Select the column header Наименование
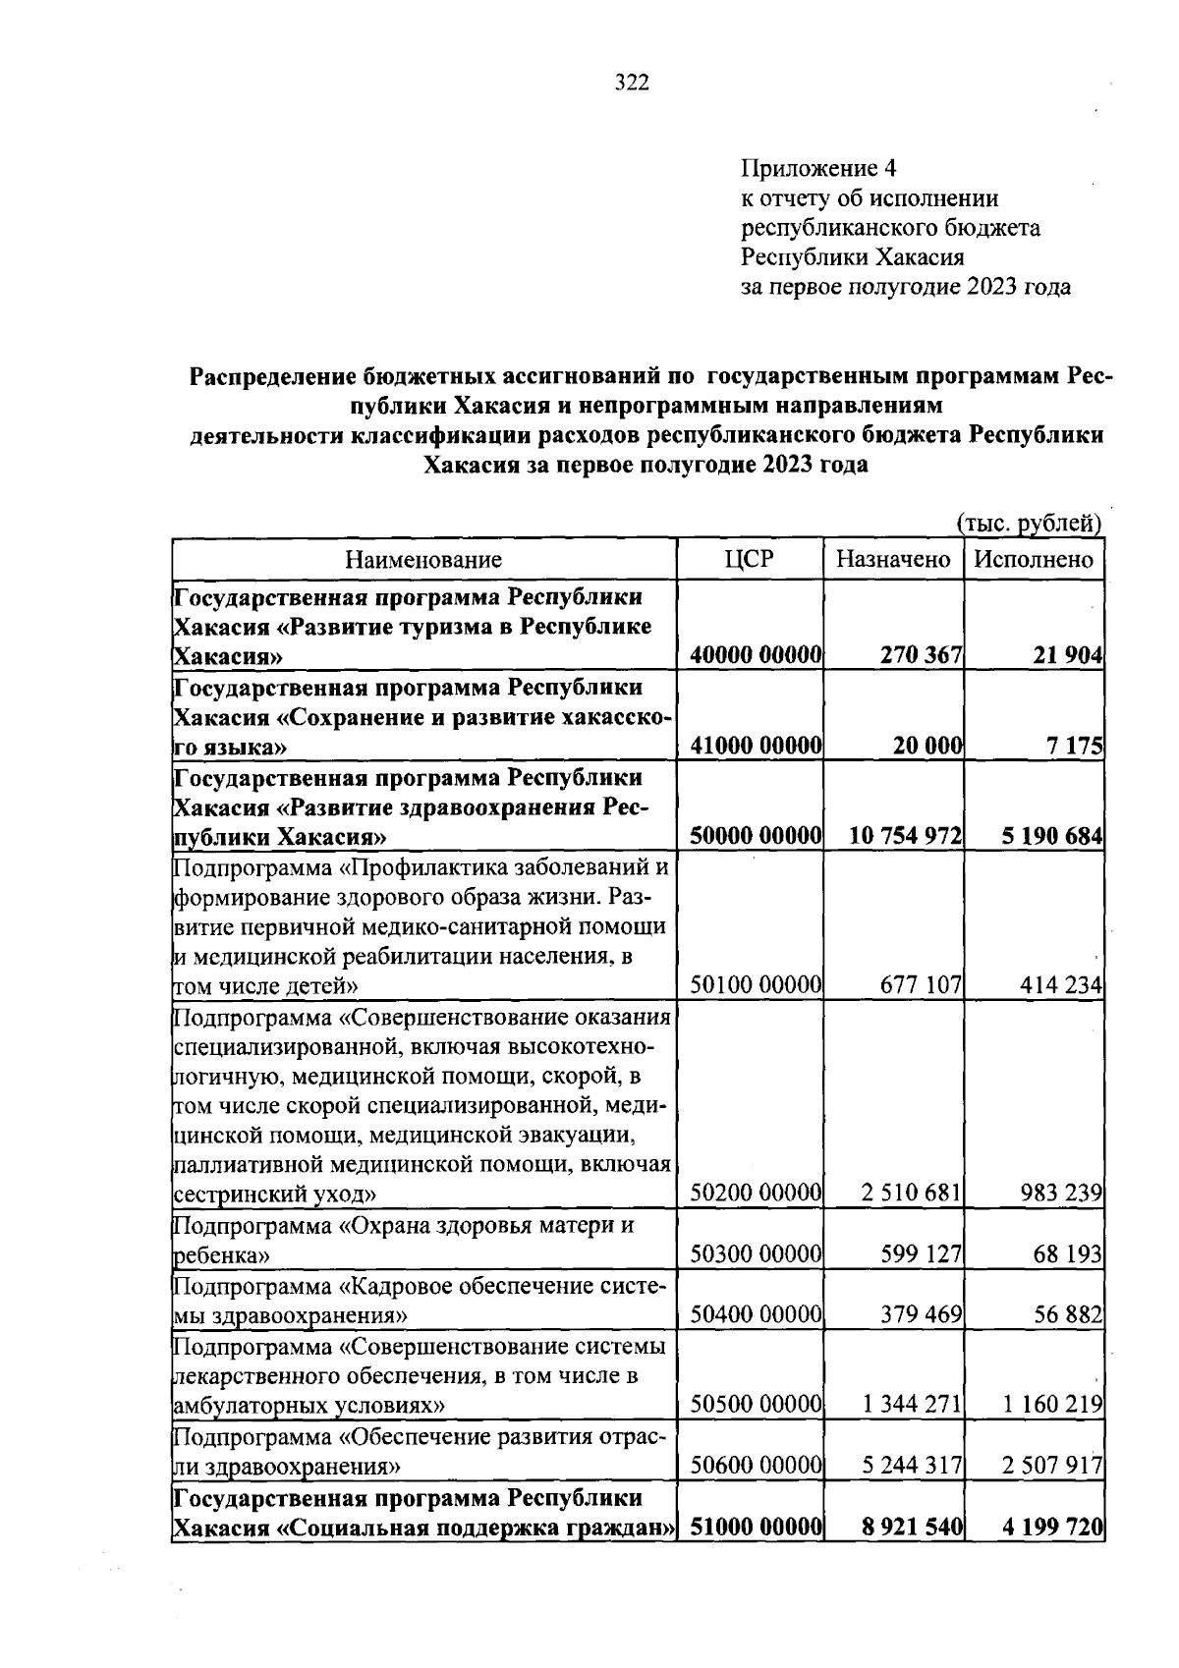click(x=423, y=560)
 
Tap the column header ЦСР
click(x=749, y=560)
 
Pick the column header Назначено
click(x=893, y=560)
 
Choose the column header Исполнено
click(x=1034, y=560)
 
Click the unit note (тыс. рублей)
click(x=1030, y=524)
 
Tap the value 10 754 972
click(x=905, y=837)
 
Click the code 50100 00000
click(x=756, y=985)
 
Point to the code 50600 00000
click(x=756, y=1467)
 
